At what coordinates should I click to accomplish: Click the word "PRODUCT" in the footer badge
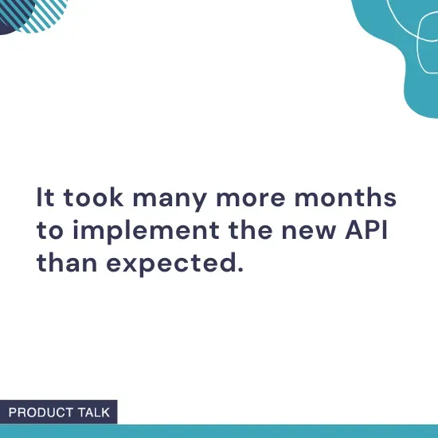(x=42, y=413)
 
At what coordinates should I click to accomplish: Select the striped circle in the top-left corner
(x=40, y=13)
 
